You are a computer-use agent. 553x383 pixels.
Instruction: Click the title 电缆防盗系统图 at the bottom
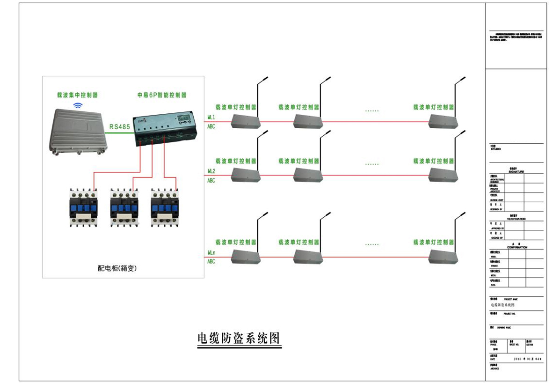[x=239, y=338]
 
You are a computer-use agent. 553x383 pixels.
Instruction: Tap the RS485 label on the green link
[x=119, y=127]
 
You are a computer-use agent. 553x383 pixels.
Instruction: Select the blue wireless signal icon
[x=78, y=105]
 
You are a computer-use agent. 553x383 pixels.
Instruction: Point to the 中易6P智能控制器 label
[x=161, y=95]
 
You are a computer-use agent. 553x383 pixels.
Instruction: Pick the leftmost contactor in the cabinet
[x=82, y=207]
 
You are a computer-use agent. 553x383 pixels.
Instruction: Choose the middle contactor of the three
[x=123, y=207]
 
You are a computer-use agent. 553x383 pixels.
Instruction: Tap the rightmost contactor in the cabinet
[x=164, y=207]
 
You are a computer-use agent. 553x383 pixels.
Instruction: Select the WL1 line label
[x=211, y=117]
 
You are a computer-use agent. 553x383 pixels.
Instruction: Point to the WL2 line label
[x=211, y=171]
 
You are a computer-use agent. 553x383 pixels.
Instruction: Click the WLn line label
[x=211, y=253]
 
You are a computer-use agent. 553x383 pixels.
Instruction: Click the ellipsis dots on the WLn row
[x=372, y=244]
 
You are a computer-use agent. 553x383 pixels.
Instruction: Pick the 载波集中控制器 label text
[x=77, y=95]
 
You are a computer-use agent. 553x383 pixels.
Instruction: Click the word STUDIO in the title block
[x=495, y=149]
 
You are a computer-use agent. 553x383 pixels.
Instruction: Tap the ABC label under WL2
[x=211, y=181]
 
